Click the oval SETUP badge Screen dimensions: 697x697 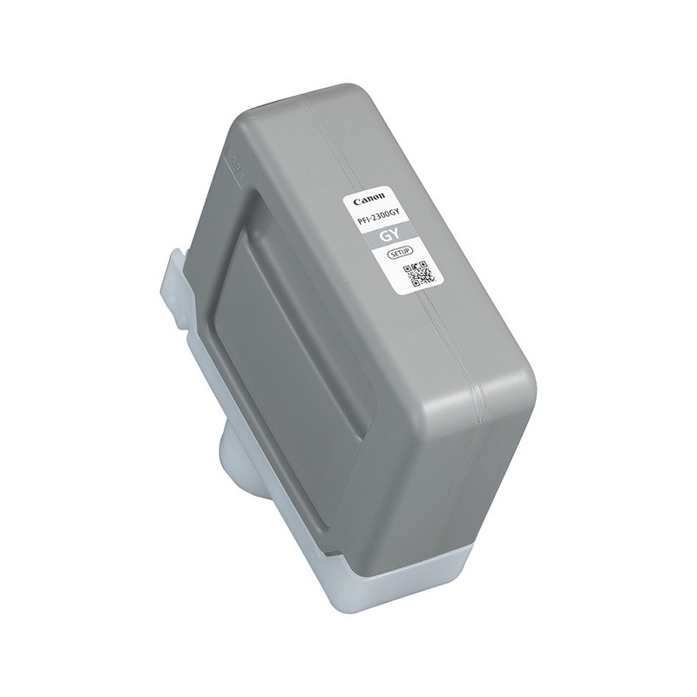pyautogui.click(x=397, y=254)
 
